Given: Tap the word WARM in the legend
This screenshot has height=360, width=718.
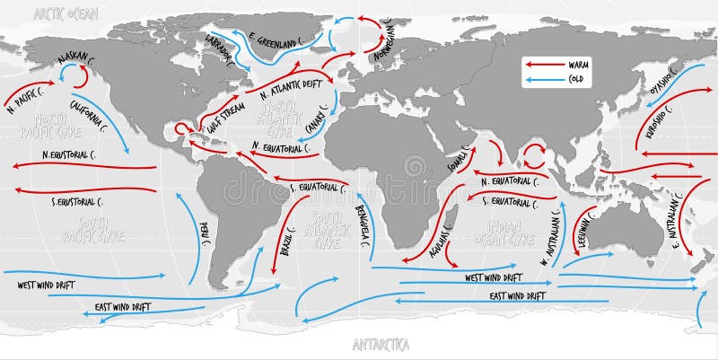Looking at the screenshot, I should click(580, 65).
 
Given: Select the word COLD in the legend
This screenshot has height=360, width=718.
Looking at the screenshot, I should click(578, 79).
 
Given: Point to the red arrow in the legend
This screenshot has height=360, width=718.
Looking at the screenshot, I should click(542, 65).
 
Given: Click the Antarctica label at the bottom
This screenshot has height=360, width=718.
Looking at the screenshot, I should click(381, 344).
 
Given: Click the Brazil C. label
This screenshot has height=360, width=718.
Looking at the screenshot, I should click(286, 243).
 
